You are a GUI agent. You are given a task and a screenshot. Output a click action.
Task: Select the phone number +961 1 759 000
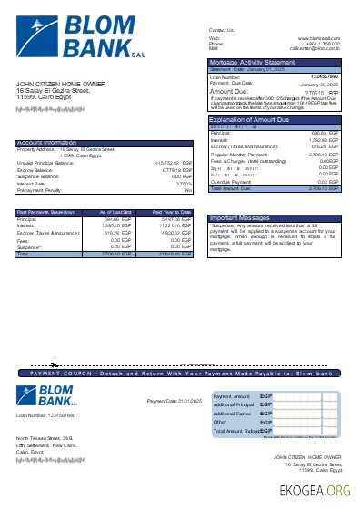click(x=325, y=43)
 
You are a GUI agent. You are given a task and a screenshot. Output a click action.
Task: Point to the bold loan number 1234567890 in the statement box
click(x=325, y=76)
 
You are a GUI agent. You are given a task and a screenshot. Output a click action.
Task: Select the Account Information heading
click(x=47, y=143)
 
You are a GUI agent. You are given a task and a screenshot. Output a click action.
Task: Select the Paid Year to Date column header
click(x=172, y=212)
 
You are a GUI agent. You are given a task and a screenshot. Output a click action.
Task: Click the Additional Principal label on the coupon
click(x=233, y=405)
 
